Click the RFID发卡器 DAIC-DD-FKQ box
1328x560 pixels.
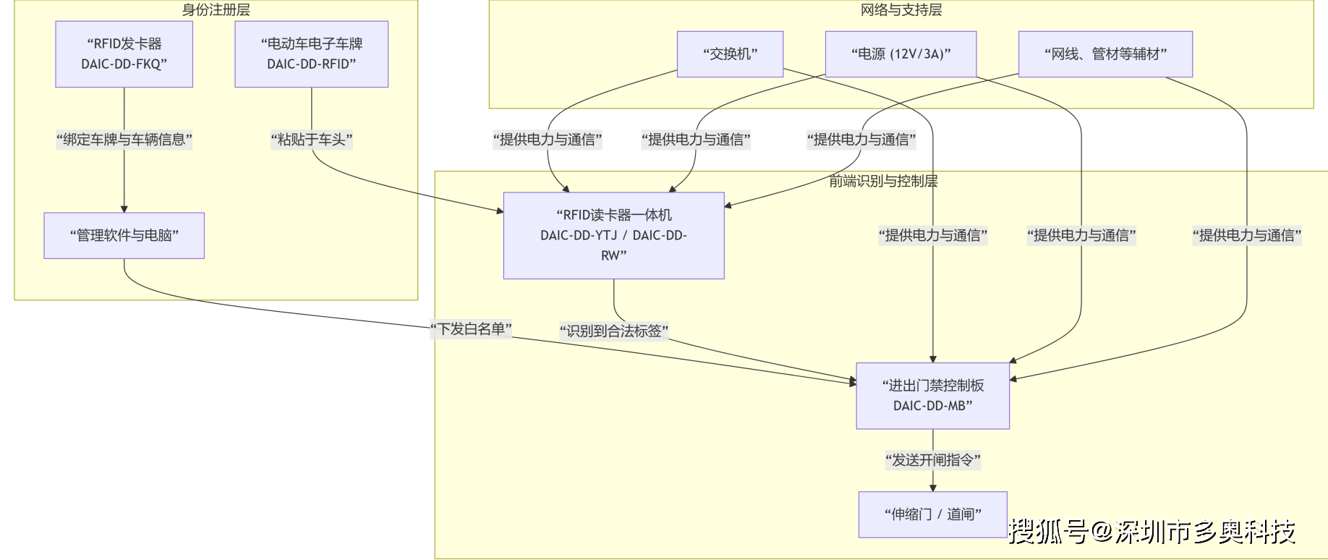pos(124,54)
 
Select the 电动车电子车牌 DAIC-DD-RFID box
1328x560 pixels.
pos(311,54)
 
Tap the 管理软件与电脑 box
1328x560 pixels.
pos(124,235)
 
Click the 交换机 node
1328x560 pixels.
pos(730,54)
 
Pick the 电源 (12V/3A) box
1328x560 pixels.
pos(901,54)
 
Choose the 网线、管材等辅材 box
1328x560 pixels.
pos(1104,54)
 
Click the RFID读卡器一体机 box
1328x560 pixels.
pos(613,235)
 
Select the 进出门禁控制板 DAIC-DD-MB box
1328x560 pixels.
pos(932,396)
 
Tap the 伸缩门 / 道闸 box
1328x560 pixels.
pos(932,514)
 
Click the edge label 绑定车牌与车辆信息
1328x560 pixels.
pos(124,140)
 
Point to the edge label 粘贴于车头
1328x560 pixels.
pos(311,140)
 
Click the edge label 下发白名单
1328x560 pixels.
pos(471,329)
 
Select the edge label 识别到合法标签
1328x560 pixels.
pos(613,331)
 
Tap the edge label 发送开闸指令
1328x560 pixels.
pos(932,460)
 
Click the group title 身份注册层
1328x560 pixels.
pos(216,10)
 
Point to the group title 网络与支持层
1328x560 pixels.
pos(901,10)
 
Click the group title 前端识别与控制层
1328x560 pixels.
pos(882,182)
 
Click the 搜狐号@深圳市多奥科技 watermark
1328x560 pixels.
pos(1152,532)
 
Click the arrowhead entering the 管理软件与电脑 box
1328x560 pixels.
pos(124,209)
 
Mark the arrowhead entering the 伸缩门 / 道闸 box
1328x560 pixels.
pos(932,488)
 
